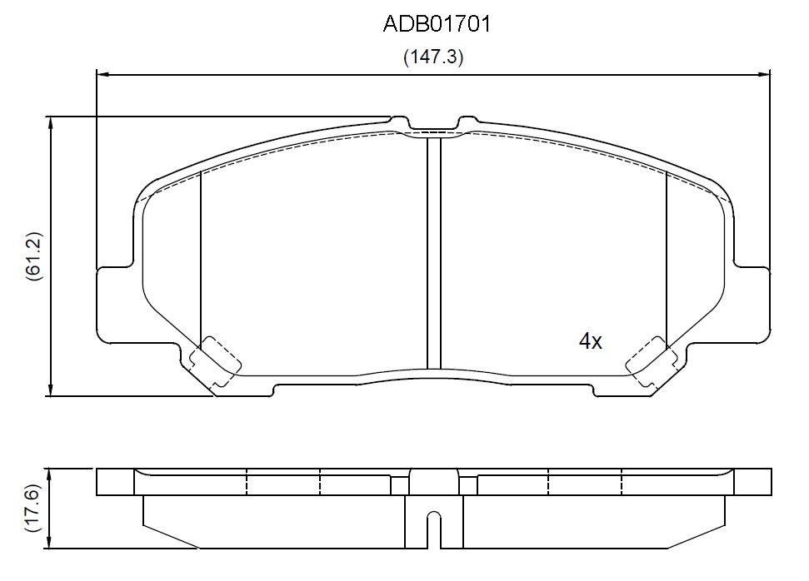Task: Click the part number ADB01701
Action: (x=437, y=24)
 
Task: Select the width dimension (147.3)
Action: (x=433, y=57)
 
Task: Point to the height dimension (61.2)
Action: (x=34, y=256)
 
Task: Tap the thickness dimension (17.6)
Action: (x=32, y=509)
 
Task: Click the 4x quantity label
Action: (x=590, y=340)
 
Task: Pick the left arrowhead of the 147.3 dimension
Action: (x=103, y=75)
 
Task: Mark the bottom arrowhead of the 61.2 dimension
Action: (x=50, y=390)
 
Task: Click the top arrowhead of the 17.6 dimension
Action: (x=49, y=474)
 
